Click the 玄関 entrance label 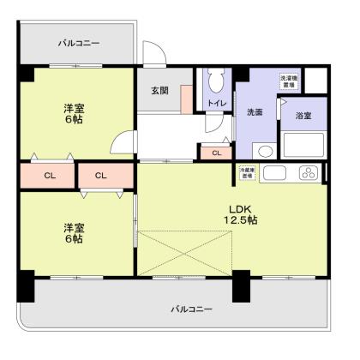tap(160, 92)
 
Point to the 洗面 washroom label tap(255, 112)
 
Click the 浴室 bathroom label tap(303, 115)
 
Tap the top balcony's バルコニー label tap(78, 42)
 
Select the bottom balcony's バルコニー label tap(190, 308)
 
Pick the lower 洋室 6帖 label tap(73, 233)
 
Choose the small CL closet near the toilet tap(217, 153)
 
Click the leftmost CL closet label tap(50, 176)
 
